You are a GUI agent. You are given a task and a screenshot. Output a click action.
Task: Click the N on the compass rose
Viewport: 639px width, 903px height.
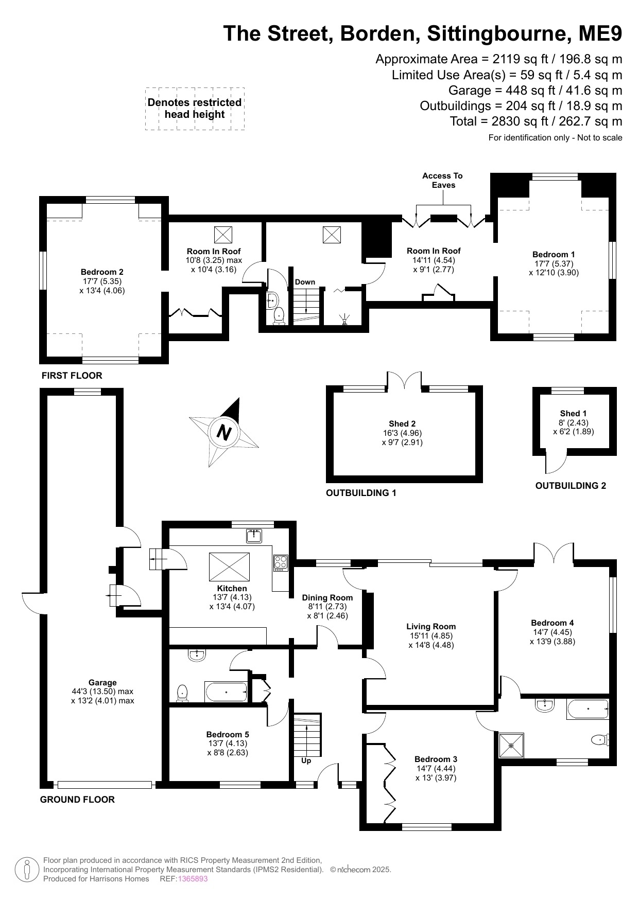[x=223, y=431]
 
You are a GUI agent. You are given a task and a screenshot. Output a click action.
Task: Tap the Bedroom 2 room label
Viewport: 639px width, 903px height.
[x=102, y=272]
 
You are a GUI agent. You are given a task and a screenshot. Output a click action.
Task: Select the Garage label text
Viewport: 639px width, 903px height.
[x=102, y=682]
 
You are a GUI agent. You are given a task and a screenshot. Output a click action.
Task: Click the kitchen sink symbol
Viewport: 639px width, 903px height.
[x=254, y=536]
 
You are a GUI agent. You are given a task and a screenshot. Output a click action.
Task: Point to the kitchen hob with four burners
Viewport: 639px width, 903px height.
[x=280, y=562]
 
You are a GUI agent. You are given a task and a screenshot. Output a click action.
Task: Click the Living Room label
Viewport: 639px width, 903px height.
[x=431, y=626]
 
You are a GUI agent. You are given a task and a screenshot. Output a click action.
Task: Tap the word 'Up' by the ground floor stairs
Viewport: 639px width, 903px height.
[x=306, y=760]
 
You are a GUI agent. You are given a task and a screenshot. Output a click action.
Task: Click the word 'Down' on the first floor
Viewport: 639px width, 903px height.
[x=305, y=282]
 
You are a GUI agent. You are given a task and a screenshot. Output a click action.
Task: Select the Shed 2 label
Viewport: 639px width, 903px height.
[x=402, y=423]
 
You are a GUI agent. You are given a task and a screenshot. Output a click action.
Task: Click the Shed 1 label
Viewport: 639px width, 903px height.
[x=573, y=413]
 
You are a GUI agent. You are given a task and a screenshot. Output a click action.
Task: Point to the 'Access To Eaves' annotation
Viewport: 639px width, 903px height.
[x=443, y=180]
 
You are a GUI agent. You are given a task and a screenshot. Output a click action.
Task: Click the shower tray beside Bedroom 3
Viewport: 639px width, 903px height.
[x=511, y=745]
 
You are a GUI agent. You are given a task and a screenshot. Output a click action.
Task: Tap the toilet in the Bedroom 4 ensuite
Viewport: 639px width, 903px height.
[x=599, y=740]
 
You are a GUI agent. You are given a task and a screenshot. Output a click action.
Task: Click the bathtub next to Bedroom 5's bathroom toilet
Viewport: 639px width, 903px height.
[x=226, y=692]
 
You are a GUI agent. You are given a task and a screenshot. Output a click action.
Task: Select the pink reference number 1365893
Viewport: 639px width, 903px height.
[x=193, y=879]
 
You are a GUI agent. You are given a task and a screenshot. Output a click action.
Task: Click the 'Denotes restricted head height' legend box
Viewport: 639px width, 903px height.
[x=195, y=109]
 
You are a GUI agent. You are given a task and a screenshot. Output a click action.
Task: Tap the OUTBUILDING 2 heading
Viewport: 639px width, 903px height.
[x=571, y=485]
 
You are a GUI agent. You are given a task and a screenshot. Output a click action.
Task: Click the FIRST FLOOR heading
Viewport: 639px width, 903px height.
[x=72, y=376]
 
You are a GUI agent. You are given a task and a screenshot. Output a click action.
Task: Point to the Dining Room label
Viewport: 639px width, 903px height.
[x=327, y=597]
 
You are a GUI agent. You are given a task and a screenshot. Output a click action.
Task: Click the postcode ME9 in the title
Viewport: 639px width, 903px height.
[x=600, y=34]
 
